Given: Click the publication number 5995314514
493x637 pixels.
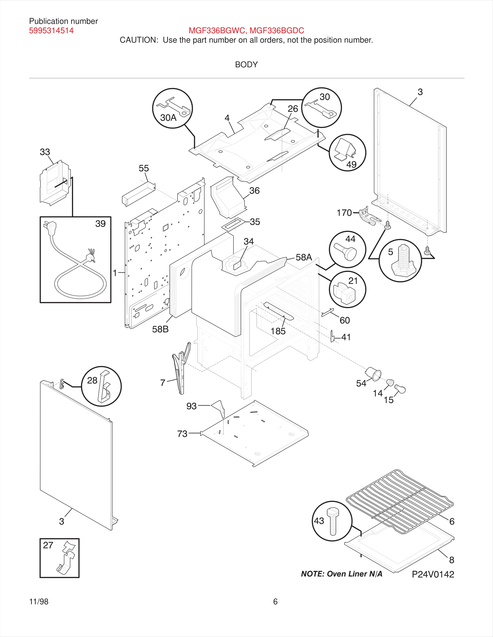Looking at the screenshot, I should [51, 31].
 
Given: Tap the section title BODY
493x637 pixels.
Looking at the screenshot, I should [246, 64].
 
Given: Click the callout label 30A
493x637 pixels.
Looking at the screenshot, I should [168, 118].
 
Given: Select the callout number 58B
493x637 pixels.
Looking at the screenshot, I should [160, 329].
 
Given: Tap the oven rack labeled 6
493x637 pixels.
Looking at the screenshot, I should [400, 501].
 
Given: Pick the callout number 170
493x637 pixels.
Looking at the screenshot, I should [344, 213].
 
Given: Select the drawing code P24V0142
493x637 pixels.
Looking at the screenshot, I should [433, 574].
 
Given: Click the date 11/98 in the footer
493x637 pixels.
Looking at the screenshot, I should [39, 601].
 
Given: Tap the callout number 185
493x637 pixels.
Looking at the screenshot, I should [278, 331].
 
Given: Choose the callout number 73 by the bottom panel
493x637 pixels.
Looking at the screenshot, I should [182, 434].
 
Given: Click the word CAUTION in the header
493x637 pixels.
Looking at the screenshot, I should [139, 40].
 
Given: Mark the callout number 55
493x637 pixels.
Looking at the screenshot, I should [144, 168].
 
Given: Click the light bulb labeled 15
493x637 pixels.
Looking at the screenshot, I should [400, 389].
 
